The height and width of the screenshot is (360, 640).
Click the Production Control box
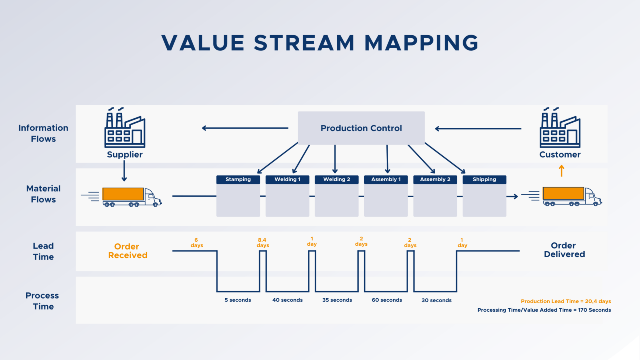pos(361,128)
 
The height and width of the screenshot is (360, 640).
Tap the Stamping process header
pos(238,179)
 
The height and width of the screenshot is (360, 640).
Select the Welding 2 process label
pos(337,179)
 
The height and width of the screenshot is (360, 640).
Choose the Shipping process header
pos(484,179)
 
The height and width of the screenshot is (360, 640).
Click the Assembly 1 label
pos(386,179)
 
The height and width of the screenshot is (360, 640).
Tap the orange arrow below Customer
pos(561,171)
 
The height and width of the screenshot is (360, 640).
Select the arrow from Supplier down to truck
pos(124,171)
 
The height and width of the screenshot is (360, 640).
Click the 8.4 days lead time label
pos(263,243)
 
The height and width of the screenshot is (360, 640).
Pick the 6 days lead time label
pos(197,243)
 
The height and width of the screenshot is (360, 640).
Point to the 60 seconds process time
pos(387,300)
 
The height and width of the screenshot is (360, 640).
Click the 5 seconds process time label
pos(238,300)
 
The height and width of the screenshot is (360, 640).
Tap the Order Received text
pos(127,251)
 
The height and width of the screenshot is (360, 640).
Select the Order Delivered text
pos(564,250)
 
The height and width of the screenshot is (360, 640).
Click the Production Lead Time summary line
pos(566,301)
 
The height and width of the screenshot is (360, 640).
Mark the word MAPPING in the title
pos(421,43)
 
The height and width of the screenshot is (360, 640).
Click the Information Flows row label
pos(43,133)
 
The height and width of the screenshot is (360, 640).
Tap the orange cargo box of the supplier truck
pos(123,194)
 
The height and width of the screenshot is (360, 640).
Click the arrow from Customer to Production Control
pos(478,129)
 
